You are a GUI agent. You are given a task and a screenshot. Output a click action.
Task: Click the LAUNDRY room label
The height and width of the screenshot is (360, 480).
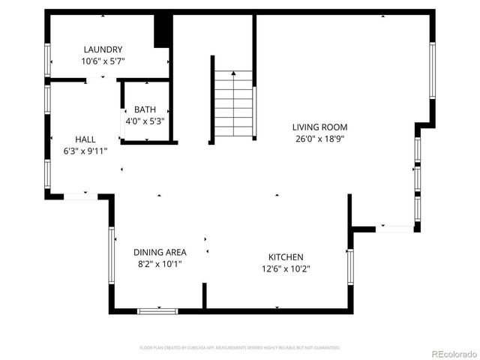click(x=103, y=49)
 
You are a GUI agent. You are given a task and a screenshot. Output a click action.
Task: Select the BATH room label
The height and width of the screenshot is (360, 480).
click(x=145, y=109)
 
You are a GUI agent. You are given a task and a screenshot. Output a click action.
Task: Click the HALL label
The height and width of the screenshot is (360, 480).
click(x=85, y=139)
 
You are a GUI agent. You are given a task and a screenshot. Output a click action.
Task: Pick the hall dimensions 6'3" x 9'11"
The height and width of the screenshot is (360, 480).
click(x=85, y=151)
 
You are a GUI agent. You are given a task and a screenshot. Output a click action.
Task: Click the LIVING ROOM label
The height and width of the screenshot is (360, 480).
click(x=319, y=127)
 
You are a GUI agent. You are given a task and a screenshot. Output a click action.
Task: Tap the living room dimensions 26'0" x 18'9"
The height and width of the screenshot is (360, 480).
click(x=319, y=139)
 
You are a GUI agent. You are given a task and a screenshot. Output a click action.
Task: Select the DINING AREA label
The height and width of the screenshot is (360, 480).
click(x=160, y=253)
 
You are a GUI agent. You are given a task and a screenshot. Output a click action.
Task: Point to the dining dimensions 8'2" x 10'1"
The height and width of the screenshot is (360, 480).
click(x=160, y=264)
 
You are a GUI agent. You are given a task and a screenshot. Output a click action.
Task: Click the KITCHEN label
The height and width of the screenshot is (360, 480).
click(x=286, y=256)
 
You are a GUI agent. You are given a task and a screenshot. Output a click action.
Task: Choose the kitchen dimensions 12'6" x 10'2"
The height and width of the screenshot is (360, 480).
click(x=286, y=268)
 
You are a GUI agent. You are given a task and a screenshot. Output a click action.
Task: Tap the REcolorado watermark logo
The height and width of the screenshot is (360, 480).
click(x=447, y=352)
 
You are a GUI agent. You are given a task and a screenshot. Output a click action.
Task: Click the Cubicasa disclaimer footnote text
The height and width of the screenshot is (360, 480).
click(x=240, y=348)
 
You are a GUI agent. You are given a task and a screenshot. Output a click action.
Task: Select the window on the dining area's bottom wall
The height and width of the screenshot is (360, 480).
click(x=157, y=310)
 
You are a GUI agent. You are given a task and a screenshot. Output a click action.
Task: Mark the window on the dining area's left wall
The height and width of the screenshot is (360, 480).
click(x=112, y=256)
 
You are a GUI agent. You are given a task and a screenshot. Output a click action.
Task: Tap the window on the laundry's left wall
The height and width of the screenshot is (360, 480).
click(x=47, y=58)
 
